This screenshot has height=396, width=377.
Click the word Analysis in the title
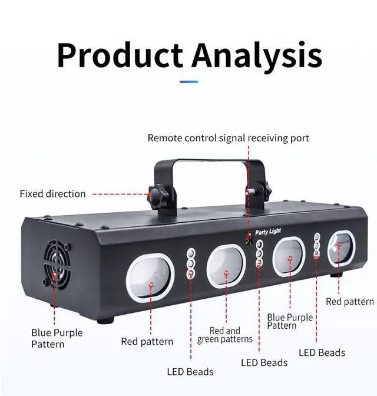257,56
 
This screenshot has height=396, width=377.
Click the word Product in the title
120,55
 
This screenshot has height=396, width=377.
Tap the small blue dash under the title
189,82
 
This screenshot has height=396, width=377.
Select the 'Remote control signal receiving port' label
229,138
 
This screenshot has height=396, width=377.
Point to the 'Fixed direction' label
53,194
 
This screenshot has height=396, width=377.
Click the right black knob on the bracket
267,190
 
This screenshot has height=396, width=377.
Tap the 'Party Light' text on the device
268,232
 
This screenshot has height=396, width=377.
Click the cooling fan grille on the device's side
57,265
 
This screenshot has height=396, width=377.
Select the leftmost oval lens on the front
150,276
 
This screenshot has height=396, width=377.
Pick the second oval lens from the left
226,266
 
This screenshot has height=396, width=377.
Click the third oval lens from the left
289,256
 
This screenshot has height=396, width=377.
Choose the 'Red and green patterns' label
225,335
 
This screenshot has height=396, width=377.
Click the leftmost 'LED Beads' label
190,372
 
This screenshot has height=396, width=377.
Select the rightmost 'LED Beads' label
322,352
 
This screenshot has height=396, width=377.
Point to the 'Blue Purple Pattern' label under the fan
57,338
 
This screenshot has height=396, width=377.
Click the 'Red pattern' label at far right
350,302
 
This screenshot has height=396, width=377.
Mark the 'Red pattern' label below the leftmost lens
147,341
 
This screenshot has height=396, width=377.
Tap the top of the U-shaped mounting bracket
210,161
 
